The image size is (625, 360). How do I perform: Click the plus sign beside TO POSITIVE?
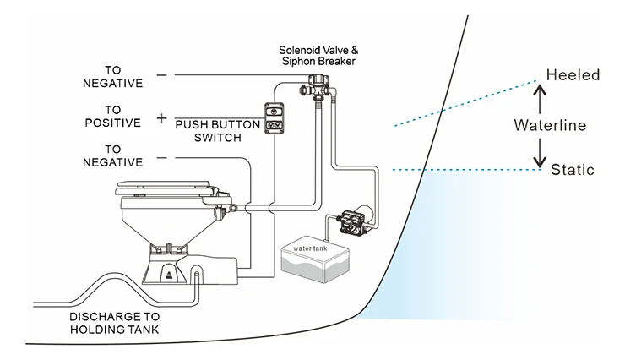point(161,118)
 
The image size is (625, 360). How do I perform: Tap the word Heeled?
point(572,75)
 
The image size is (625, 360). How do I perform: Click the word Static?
point(573,170)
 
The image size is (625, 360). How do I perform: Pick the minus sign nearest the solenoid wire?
point(161,75)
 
